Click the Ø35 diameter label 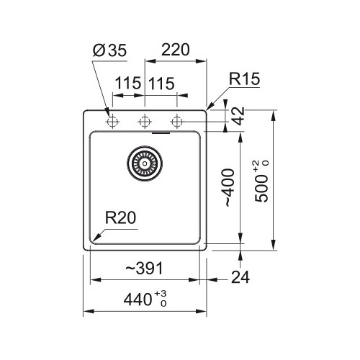click(x=109, y=50)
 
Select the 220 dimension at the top click(x=176, y=50)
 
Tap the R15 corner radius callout click(x=244, y=78)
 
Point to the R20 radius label click(x=120, y=217)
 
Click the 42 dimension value click(x=239, y=116)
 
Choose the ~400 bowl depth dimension click(x=228, y=187)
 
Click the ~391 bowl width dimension click(x=144, y=268)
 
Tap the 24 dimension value click(x=240, y=277)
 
